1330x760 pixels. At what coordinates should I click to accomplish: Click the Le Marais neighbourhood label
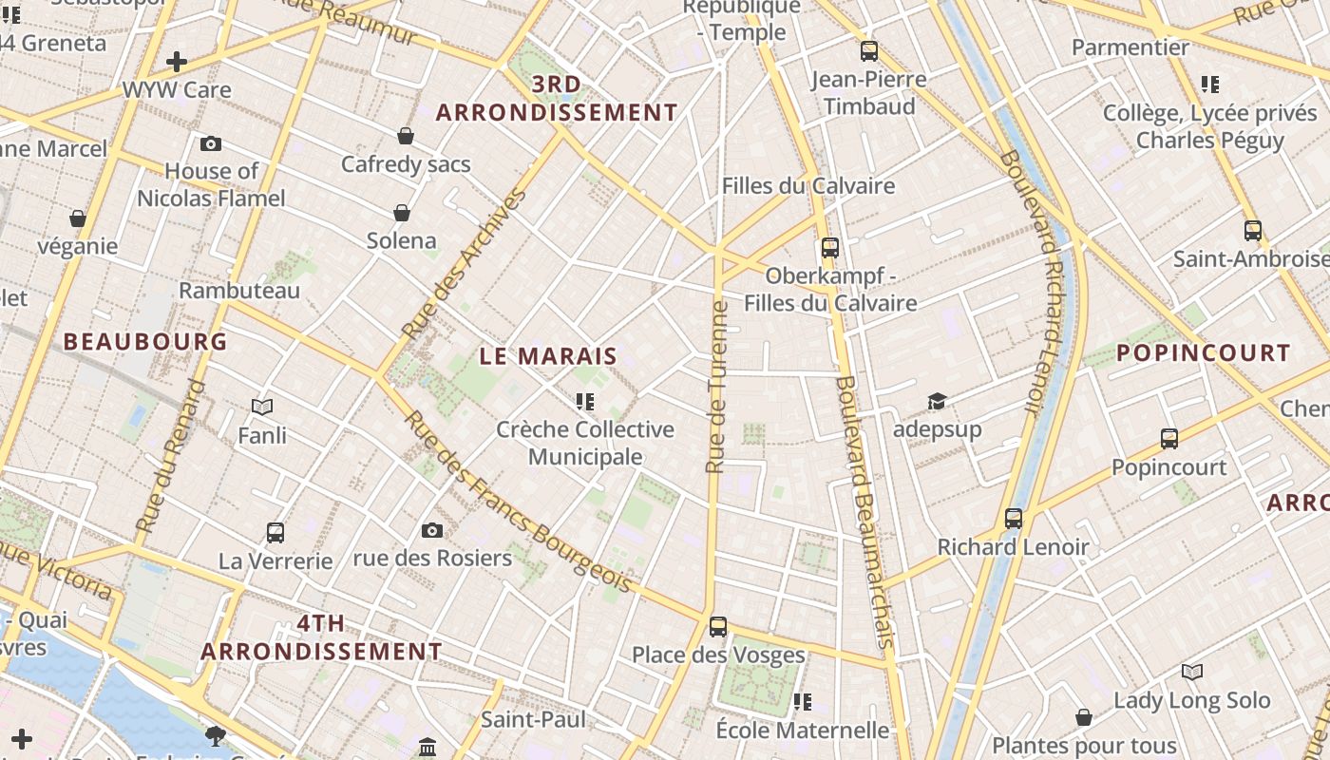click(548, 357)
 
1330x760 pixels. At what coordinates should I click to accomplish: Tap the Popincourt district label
click(1203, 353)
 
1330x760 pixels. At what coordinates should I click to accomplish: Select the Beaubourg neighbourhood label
click(145, 342)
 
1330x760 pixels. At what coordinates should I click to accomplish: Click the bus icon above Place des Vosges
click(718, 627)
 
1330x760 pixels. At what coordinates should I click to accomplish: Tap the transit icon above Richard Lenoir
click(1014, 519)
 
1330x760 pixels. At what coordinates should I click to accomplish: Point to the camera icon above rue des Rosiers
click(432, 530)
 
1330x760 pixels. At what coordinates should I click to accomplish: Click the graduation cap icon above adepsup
click(937, 401)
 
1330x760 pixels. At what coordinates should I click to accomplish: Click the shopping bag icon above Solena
click(402, 212)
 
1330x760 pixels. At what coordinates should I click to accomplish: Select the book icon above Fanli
click(262, 408)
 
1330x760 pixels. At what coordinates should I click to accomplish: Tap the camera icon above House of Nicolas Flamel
click(211, 144)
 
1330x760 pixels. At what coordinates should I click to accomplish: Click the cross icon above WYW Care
click(177, 63)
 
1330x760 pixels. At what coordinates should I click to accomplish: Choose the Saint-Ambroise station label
click(1250, 258)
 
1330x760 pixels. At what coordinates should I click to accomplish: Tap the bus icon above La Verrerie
click(275, 532)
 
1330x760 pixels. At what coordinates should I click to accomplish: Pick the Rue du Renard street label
click(171, 456)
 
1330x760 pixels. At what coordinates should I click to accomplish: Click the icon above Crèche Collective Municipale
click(585, 402)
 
